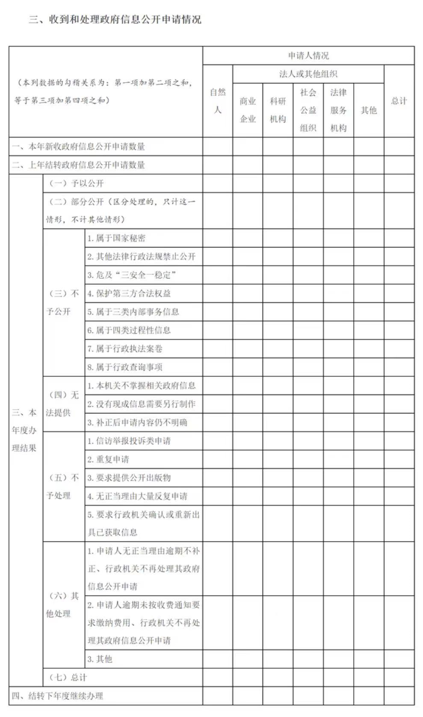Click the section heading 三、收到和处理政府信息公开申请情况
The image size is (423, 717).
(115, 20)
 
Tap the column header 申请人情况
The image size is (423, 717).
(308, 56)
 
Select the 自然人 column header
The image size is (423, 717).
(218, 101)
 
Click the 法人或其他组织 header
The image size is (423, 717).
(308, 74)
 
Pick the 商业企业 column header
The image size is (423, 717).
(248, 110)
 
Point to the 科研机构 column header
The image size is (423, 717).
(278, 110)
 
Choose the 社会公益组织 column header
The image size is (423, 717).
(308, 110)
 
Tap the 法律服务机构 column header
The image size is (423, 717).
(338, 110)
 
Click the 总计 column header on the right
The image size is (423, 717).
(399, 101)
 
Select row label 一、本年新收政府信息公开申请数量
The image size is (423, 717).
(78, 147)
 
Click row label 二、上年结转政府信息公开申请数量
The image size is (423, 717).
(78, 165)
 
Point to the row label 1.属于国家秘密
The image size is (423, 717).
(116, 238)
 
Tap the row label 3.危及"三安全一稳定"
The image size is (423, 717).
(132, 275)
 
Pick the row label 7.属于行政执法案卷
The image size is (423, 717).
(125, 349)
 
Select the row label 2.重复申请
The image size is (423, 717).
(108, 460)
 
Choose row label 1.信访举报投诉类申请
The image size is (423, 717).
(129, 441)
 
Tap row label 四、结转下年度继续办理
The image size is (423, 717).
(57, 696)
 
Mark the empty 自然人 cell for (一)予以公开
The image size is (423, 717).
(218, 183)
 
